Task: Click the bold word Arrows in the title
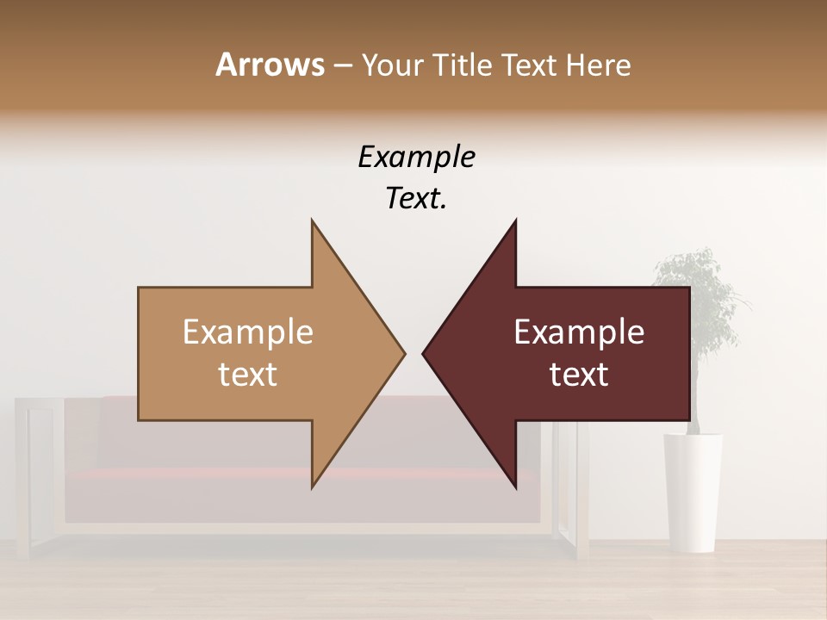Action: pos(270,65)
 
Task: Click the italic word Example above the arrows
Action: pos(416,158)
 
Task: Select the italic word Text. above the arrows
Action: pos(416,199)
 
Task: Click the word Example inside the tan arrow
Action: pos(248,332)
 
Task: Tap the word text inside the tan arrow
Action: pos(248,375)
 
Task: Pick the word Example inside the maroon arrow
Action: pos(579,332)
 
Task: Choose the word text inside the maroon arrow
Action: pos(579,375)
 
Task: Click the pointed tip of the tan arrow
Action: pos(403,352)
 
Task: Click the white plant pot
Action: pos(693,491)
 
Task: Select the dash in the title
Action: pos(342,65)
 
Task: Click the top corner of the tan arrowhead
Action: pos(313,222)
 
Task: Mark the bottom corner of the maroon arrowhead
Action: pos(515,486)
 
